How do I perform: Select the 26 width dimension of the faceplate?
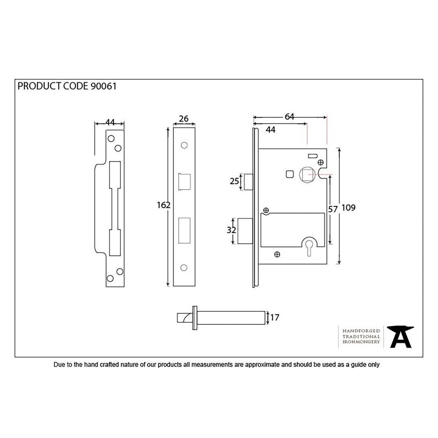pos(184,118)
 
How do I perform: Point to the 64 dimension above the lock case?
pos(290,116)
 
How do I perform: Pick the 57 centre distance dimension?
pos(333,209)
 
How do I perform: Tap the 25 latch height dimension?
pos(234,181)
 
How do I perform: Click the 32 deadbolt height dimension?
pos(232,230)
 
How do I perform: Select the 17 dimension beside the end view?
pos(275,318)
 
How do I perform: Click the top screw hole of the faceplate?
pos(184,145)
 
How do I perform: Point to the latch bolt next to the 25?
pos(247,181)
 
